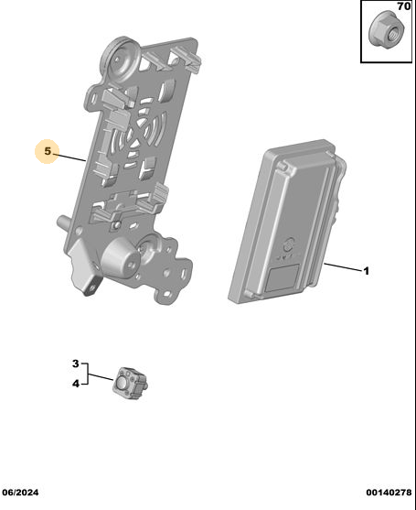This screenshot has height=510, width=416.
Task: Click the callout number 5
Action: click(x=48, y=151)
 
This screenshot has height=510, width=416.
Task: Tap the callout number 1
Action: click(x=367, y=271)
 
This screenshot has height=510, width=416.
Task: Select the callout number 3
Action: click(x=76, y=364)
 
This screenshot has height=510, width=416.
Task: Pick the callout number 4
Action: click(x=76, y=384)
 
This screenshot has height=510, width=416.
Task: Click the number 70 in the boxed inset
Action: click(x=404, y=6)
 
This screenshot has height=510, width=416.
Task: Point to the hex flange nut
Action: click(x=387, y=30)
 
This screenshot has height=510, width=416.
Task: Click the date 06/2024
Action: click(x=20, y=493)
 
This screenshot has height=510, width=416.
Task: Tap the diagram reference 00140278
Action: click(x=389, y=493)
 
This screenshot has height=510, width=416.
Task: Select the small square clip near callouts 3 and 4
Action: click(x=130, y=383)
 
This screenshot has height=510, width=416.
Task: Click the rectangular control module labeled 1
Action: click(x=287, y=222)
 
